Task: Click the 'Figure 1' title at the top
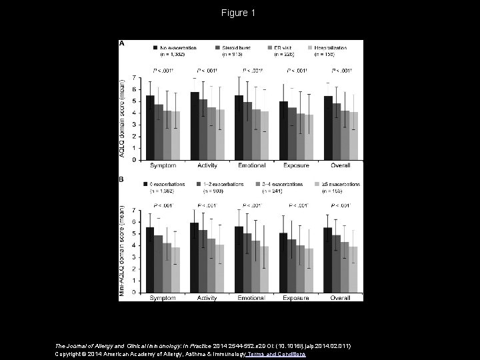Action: click(239, 13)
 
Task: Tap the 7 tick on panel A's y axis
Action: click(135, 77)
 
